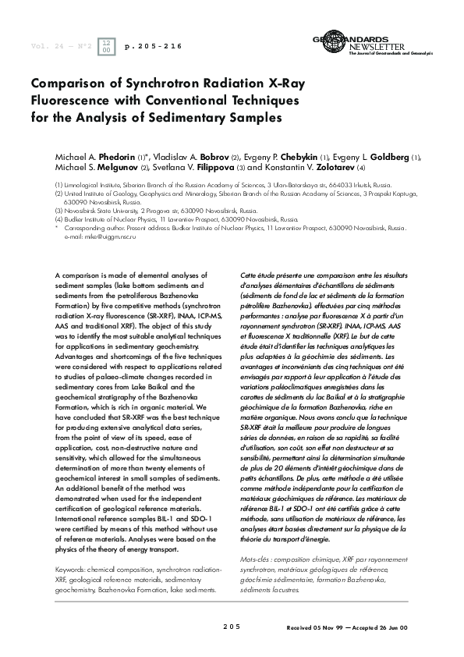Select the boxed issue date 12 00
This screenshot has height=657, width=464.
coord(107,48)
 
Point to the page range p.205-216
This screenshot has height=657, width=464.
coord(154,47)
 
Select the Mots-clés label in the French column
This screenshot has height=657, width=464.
coord(258,537)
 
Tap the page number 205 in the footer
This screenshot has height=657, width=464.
coord(232,627)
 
